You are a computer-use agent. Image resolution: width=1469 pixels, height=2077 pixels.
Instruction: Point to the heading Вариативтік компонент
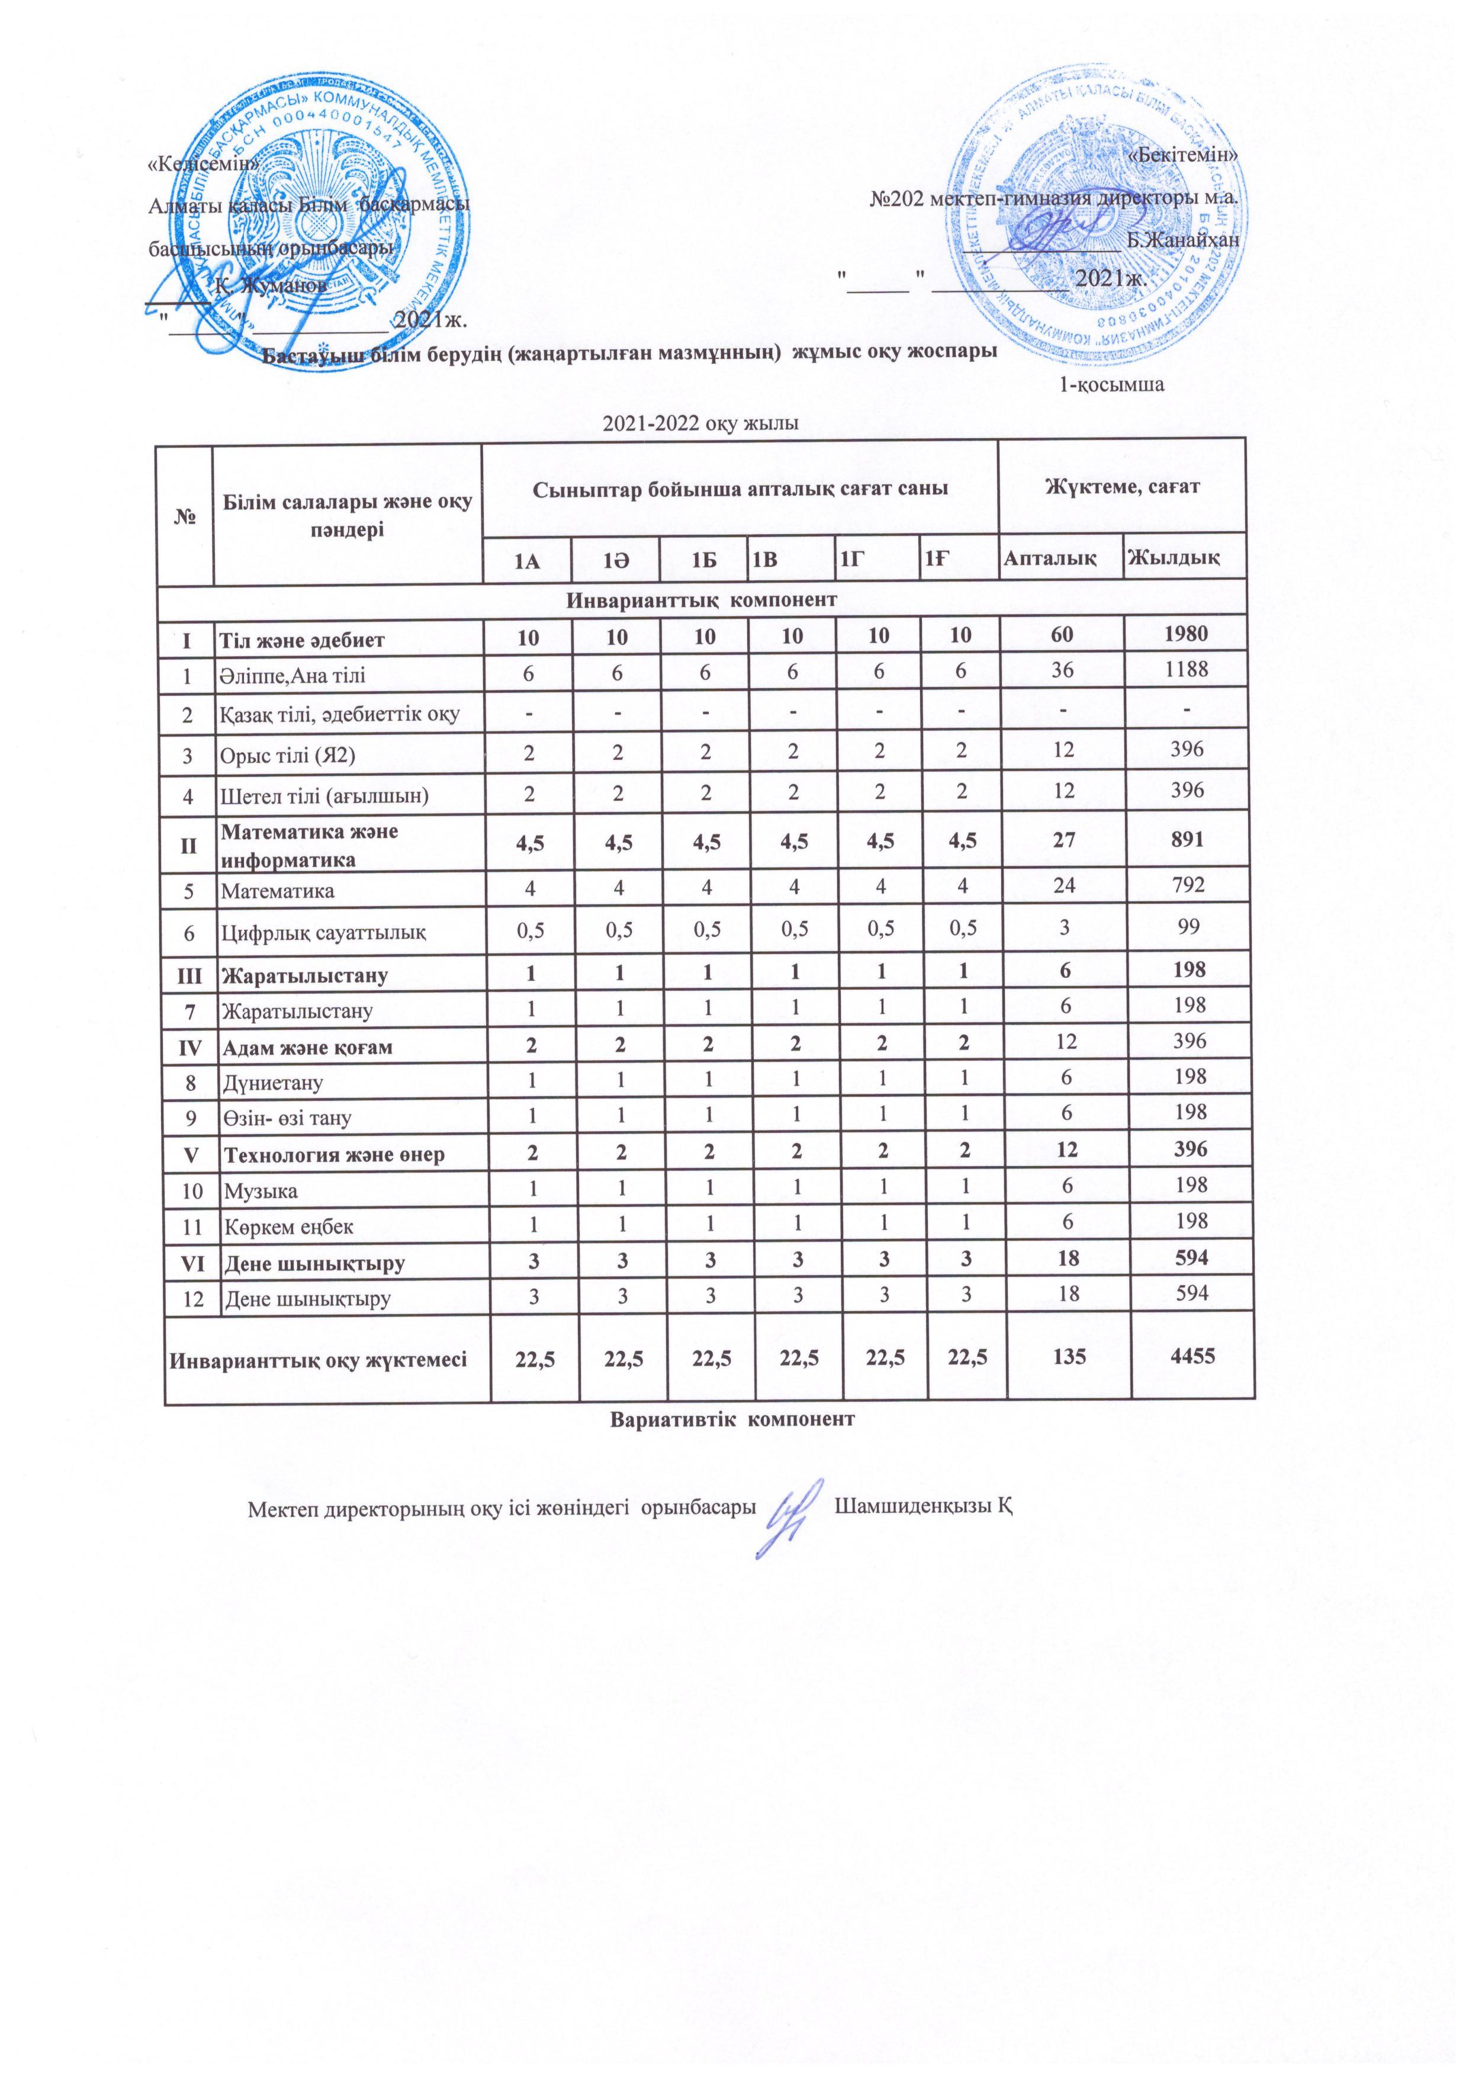click(x=732, y=1420)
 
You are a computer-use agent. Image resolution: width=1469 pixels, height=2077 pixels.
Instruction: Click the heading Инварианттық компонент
click(x=702, y=600)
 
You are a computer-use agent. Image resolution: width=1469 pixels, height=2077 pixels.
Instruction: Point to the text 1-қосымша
click(x=1112, y=384)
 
